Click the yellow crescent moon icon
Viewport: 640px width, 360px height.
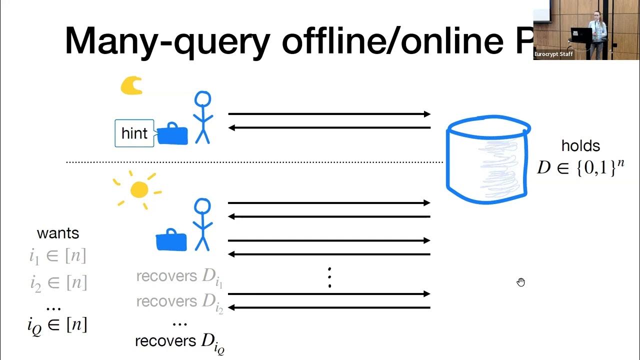coord(131,85)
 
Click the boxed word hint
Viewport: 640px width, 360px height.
coord(134,133)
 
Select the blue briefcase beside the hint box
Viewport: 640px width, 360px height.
coord(172,134)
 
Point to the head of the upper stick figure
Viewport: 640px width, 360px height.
coord(202,99)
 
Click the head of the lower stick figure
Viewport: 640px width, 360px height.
coord(202,206)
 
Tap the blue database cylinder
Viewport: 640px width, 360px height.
coord(487,160)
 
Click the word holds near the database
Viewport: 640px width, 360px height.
coord(580,146)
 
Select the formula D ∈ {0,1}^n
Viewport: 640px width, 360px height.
coord(580,167)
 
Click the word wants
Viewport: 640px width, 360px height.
coord(58,233)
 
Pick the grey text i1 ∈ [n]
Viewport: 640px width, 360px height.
coord(58,256)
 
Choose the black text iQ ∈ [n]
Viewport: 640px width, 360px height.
coord(58,325)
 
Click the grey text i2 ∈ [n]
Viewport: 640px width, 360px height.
coord(58,283)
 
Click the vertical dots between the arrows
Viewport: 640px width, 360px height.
coord(329,277)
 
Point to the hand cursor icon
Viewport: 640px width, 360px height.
coord(521,282)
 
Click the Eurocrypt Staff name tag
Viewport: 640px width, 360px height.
coord(553,54)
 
